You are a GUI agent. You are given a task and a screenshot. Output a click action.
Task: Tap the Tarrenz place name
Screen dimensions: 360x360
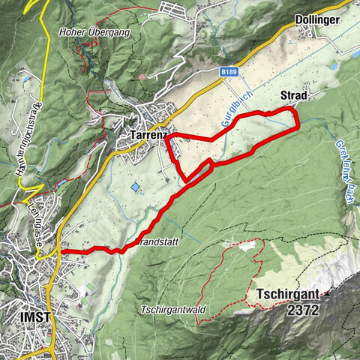tap(146, 135)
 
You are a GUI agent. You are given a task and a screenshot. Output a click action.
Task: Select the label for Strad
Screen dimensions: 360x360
tap(294, 96)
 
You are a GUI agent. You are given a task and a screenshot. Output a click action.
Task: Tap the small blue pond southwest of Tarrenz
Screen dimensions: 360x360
tap(135, 186)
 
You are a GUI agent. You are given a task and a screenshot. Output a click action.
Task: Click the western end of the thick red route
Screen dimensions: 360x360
tap(61, 250)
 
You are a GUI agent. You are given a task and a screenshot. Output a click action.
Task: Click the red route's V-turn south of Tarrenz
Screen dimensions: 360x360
tap(184, 179)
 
